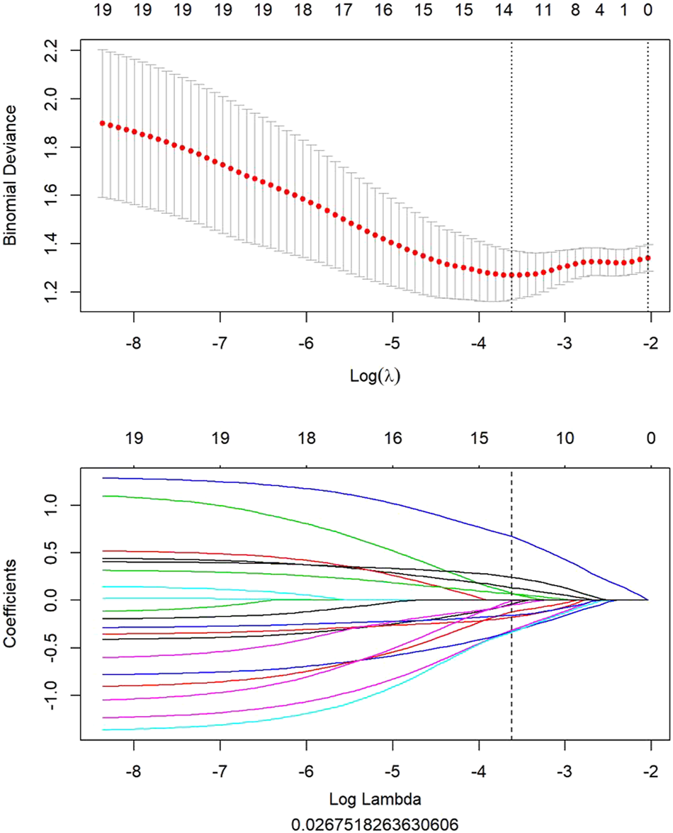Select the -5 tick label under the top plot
point(392,344)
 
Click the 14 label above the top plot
point(504,11)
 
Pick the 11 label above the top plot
point(543,11)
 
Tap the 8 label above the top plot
point(575,11)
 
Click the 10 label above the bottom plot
point(564,438)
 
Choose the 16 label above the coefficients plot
point(392,438)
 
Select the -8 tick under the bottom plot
point(133,769)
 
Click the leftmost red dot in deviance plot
point(102,123)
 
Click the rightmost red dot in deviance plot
point(648,259)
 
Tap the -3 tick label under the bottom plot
point(564,769)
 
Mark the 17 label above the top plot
point(343,11)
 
